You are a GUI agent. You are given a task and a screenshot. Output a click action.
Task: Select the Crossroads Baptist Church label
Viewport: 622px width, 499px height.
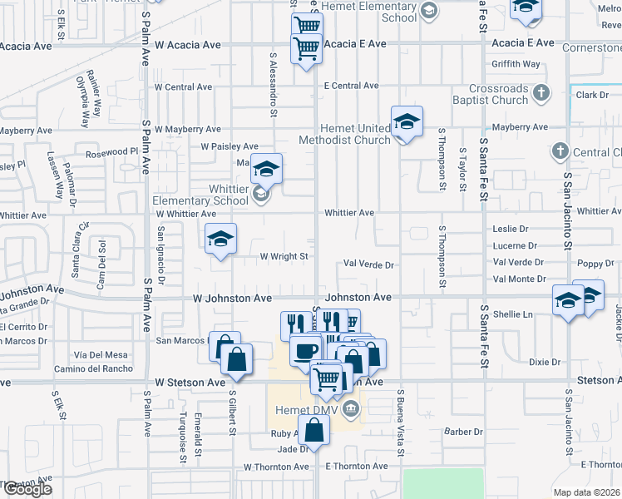[x=497, y=94]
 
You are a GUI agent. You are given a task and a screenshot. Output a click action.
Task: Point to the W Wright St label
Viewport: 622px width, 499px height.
[x=284, y=257]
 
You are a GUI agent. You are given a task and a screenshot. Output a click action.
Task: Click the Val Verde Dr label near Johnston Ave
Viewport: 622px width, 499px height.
[x=368, y=264]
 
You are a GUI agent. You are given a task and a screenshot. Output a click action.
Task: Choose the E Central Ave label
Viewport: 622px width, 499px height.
[x=351, y=86]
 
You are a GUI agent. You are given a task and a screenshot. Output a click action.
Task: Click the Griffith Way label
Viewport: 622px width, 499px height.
[x=516, y=63]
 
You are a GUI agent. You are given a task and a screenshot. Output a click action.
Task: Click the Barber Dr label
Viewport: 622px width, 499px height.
[x=463, y=432]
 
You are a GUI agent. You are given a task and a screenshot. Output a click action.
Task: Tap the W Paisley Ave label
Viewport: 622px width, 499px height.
[x=229, y=147]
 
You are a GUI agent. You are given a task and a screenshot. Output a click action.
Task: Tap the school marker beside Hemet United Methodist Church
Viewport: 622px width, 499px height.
[x=407, y=121]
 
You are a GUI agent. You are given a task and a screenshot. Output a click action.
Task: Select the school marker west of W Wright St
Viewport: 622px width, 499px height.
[x=221, y=239]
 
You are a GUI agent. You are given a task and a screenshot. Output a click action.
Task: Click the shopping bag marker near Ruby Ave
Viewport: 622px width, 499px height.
[x=313, y=430]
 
